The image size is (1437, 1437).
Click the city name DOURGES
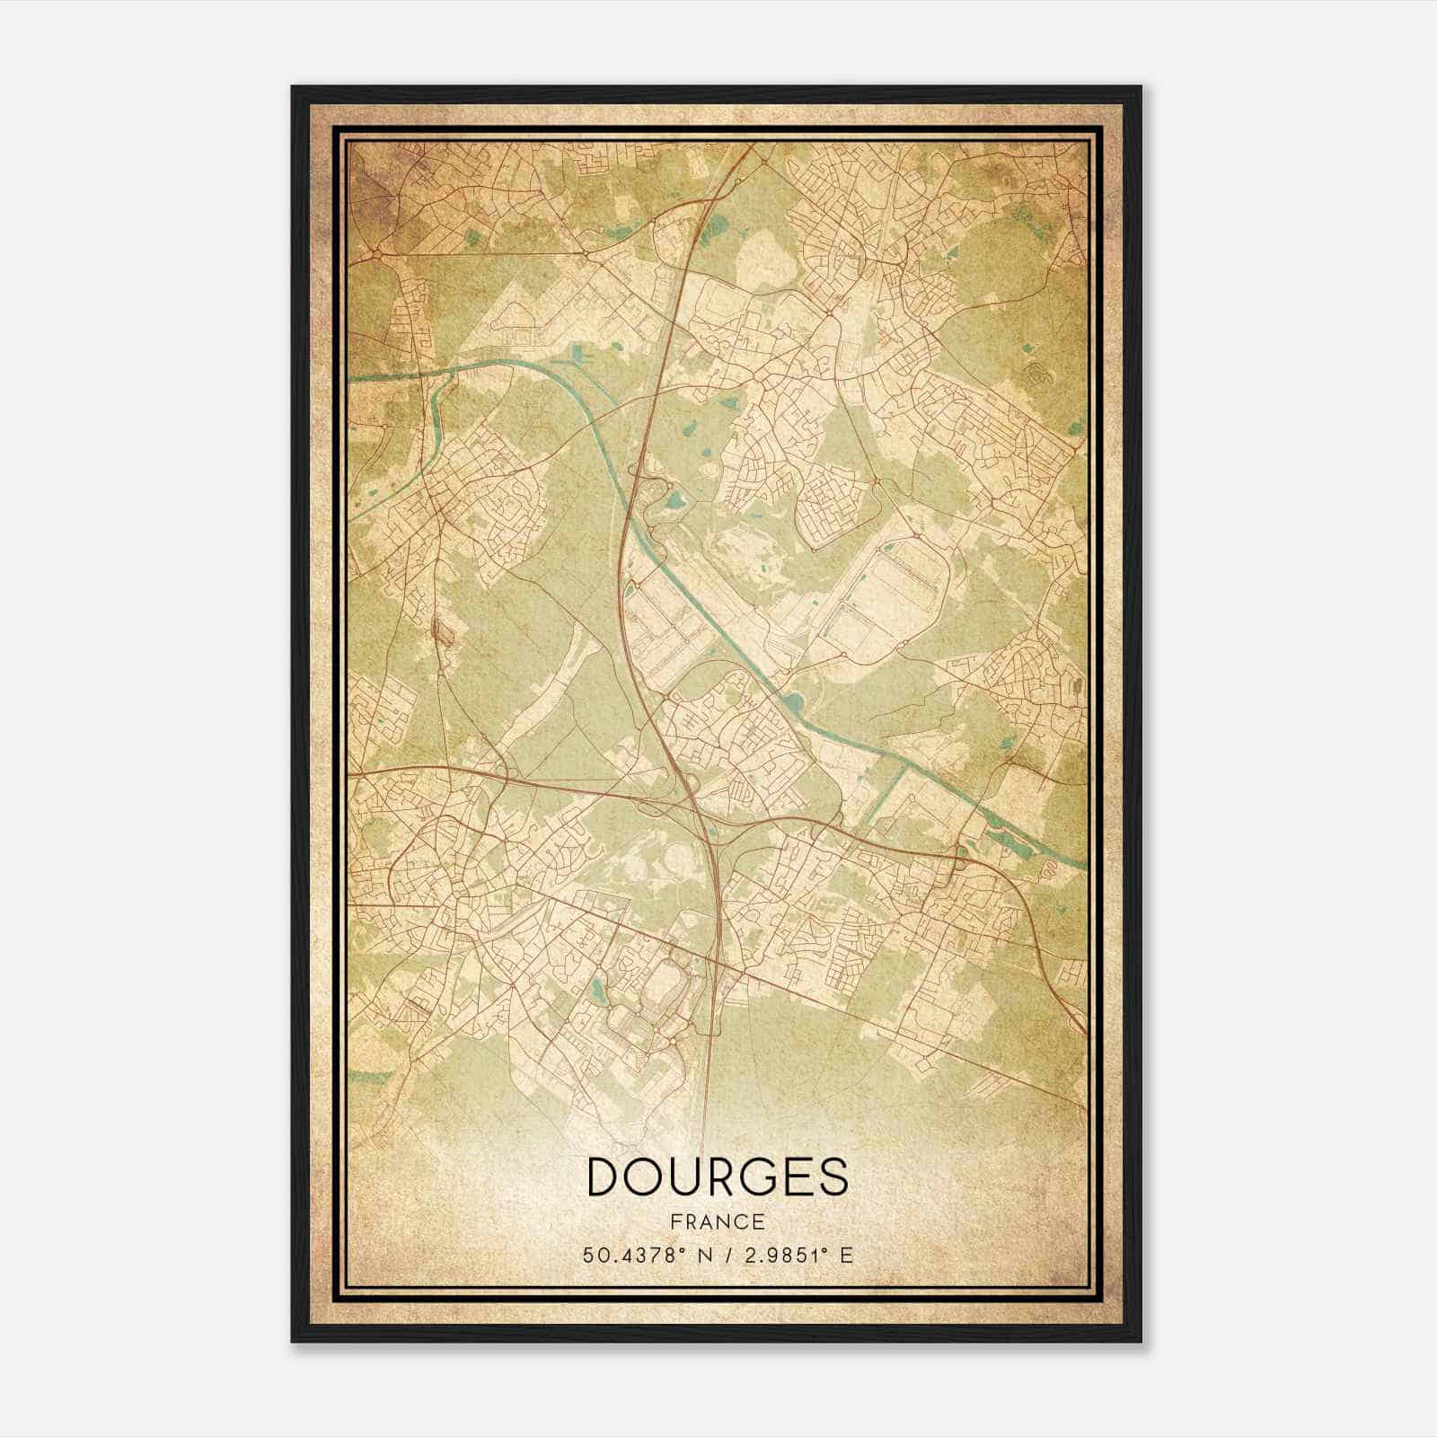click(x=717, y=1176)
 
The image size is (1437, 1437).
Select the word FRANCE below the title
click(x=717, y=1221)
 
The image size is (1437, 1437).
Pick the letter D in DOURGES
click(x=603, y=1176)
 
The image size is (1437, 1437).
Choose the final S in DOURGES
click(x=832, y=1176)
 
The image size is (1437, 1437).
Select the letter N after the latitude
click(x=692, y=1255)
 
